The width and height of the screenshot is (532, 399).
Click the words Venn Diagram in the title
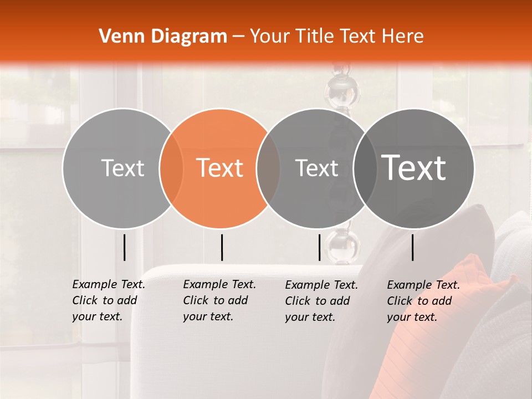[163, 37]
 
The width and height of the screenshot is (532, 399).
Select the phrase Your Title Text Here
[336, 37]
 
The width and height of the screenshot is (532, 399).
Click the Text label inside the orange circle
[220, 168]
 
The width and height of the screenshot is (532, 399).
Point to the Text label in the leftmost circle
[122, 168]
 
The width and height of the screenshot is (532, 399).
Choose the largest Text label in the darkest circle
[414, 168]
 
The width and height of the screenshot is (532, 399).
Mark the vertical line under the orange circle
[222, 247]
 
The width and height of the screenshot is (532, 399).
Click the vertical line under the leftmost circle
[125, 247]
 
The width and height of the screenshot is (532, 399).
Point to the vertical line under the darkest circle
[413, 247]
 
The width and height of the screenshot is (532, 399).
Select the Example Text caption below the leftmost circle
[108, 300]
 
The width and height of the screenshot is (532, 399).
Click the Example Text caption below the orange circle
[219, 300]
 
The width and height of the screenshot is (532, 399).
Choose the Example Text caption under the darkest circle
[423, 301]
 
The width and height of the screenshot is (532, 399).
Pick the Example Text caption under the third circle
[321, 301]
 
